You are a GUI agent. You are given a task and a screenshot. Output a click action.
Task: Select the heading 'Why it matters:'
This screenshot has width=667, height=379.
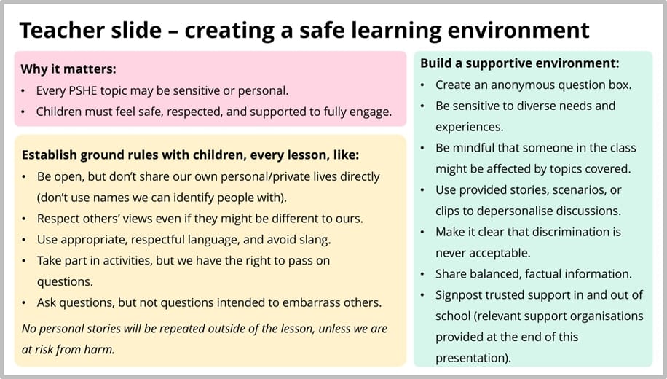coord(68,69)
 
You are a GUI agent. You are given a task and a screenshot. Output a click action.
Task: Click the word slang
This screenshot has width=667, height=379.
coord(314,239)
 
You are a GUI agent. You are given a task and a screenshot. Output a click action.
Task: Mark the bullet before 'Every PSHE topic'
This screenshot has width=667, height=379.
coord(24,91)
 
